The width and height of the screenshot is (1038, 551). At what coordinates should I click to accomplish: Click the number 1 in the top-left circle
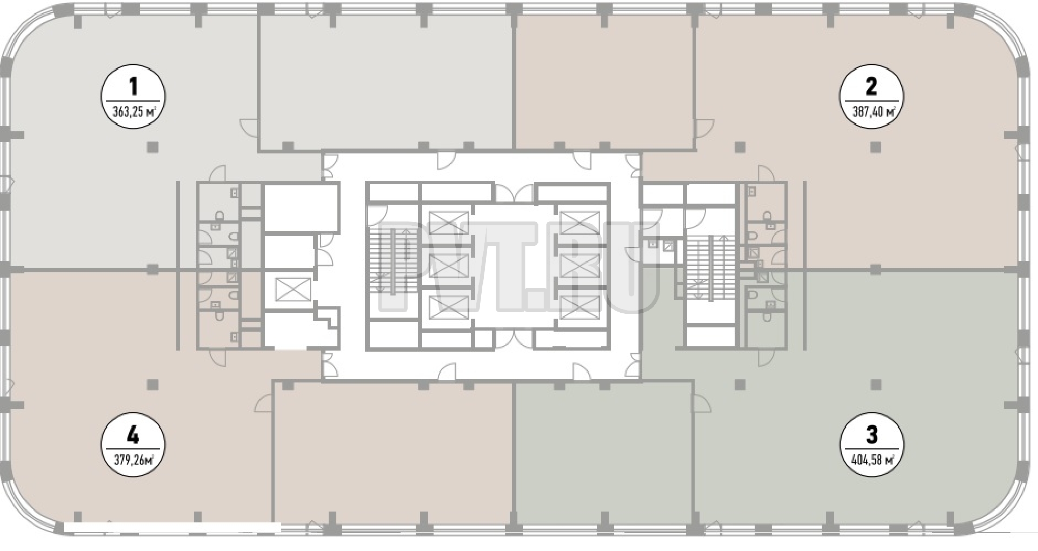[x=133, y=86]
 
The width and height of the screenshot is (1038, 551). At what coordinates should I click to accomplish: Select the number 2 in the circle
[x=871, y=86]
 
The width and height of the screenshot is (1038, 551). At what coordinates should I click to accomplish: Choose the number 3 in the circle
[x=871, y=435]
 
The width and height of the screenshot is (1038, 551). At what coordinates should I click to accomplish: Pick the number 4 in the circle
[x=133, y=435]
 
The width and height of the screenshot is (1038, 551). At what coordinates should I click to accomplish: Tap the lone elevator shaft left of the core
[x=292, y=289]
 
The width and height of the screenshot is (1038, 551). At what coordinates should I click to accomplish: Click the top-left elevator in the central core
[x=448, y=223]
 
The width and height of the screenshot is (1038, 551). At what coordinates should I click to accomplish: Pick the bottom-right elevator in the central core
[x=580, y=307]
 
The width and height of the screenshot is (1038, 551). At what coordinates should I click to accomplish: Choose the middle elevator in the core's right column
[x=580, y=265]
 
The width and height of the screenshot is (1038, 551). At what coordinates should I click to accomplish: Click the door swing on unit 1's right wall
[x=250, y=127]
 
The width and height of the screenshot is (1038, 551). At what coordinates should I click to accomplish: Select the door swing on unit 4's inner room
[x=263, y=403]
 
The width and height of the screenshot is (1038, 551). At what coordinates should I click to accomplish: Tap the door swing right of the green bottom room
[x=702, y=403]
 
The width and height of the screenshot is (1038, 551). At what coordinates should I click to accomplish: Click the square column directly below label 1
[x=153, y=147]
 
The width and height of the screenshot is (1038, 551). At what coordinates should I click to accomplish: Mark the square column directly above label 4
[x=153, y=384]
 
